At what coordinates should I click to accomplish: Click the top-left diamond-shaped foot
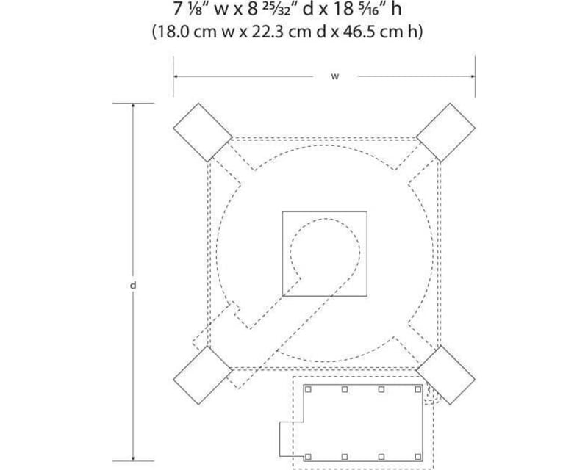pos(203,133)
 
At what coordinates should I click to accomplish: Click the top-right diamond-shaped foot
pos(446,133)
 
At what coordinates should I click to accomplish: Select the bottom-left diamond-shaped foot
pos(203,375)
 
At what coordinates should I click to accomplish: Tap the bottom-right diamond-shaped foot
pos(446,375)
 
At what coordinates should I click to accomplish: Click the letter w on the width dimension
pos(335,76)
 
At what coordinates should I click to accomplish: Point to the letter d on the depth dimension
pos(133,285)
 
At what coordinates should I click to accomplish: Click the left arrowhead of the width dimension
pos(176,76)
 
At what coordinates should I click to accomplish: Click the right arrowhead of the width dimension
pos(473,76)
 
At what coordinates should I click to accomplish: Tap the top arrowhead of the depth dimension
pos(133,106)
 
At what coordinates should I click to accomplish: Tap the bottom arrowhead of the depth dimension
pos(133,458)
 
